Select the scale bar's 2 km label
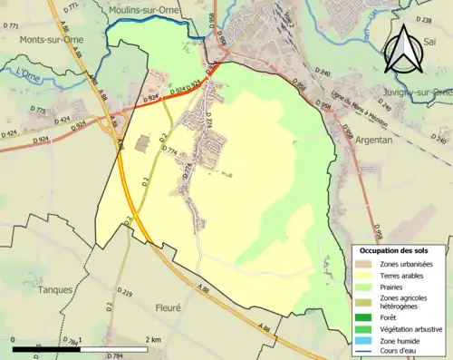click(x=151, y=338)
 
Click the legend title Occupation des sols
click(x=400, y=250)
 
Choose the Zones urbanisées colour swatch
click(x=362, y=264)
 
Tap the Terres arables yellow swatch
click(x=362, y=276)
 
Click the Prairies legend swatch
click(x=362, y=287)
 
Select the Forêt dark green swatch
click(x=362, y=317)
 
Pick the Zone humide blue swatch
click(x=362, y=341)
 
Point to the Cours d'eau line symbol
click(x=362, y=353)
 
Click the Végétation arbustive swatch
click(x=362, y=329)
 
